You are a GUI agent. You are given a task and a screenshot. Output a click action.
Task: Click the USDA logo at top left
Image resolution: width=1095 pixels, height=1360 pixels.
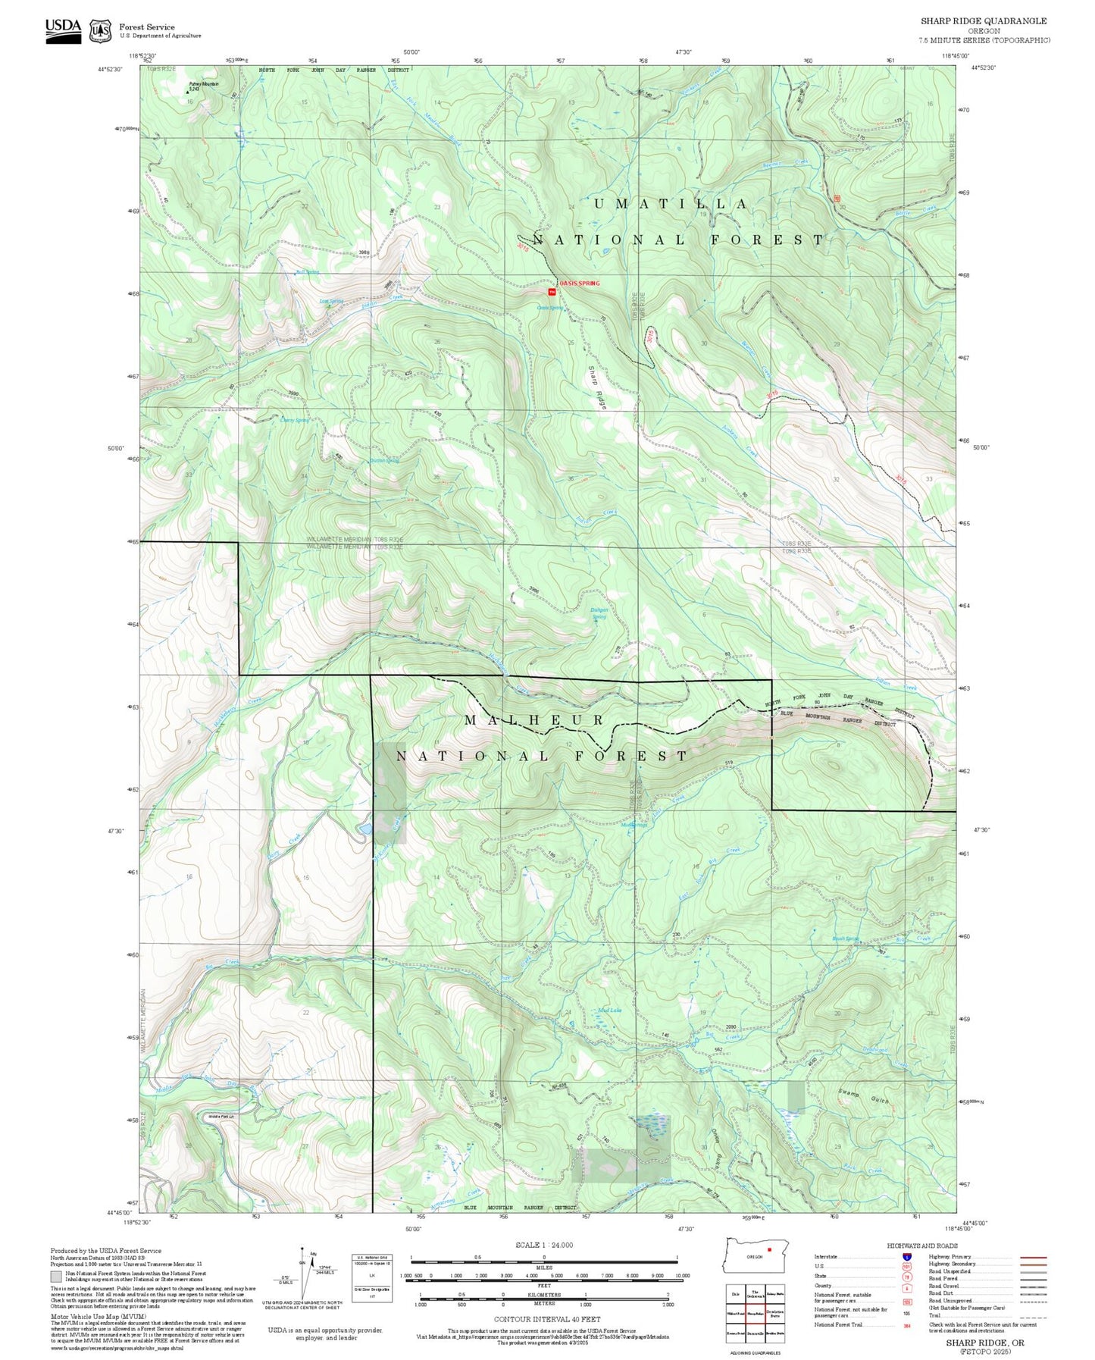point(63,30)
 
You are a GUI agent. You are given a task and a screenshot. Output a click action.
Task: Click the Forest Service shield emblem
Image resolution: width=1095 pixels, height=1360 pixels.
point(100,31)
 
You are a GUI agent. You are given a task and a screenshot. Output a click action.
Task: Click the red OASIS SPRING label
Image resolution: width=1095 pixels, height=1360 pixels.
point(580,284)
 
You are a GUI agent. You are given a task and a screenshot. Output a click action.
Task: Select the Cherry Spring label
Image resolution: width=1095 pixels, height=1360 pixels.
point(295,420)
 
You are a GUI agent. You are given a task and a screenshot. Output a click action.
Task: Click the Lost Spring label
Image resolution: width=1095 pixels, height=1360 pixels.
point(331,301)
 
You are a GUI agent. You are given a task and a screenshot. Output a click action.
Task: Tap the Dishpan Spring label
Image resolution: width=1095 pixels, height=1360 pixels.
point(599,613)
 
